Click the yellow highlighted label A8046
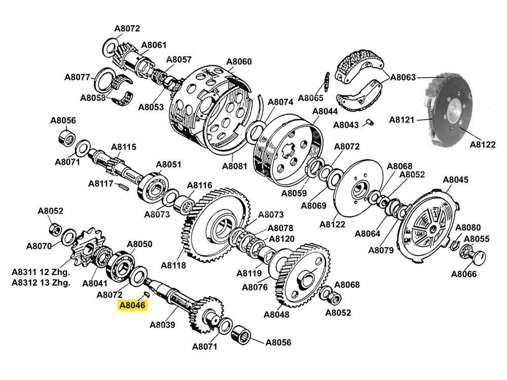[x=132, y=306]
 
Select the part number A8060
[x=238, y=62]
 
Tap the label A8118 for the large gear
[x=173, y=264]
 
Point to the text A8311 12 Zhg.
[x=41, y=273]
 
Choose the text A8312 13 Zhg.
[x=41, y=283]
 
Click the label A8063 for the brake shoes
[x=403, y=78]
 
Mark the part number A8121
[x=402, y=120]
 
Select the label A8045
[x=455, y=180]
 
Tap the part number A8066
[x=464, y=275]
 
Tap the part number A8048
[x=276, y=314]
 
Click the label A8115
[x=124, y=147]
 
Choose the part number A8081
[x=235, y=166]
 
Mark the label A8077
[x=77, y=78]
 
